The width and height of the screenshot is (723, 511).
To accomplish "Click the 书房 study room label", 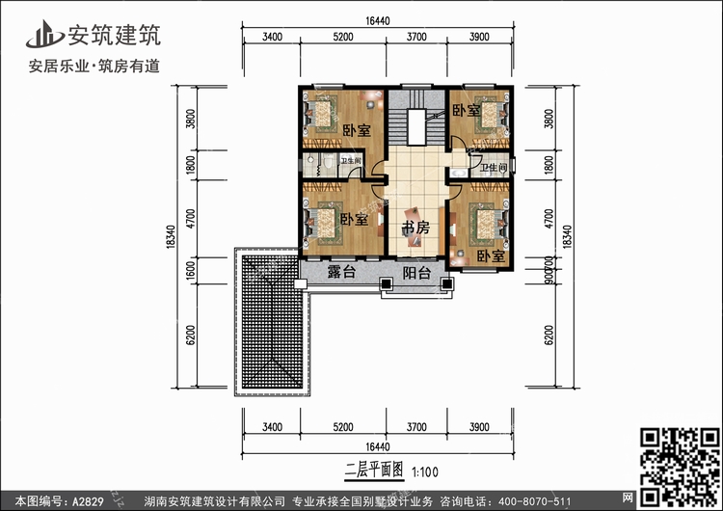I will coord(415,228).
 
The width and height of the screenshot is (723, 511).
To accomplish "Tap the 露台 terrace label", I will coord(341,273).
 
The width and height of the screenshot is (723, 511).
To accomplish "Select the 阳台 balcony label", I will coord(416,273).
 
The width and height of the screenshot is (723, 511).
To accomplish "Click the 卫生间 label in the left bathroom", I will coord(351,161).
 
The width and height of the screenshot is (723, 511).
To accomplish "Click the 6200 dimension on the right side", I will coord(549,334).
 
